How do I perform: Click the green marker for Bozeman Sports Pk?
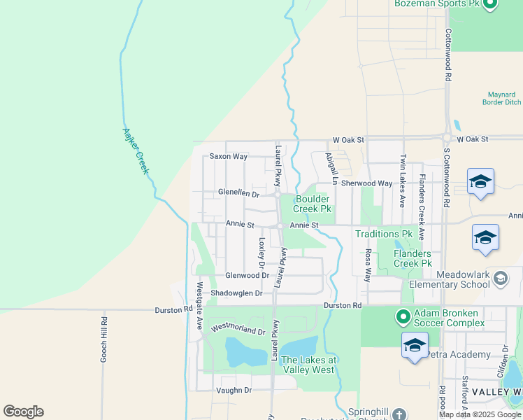tap(489, 4)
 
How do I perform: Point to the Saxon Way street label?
tap(229, 157)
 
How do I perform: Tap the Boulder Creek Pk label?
tap(312, 204)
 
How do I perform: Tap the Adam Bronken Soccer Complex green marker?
tap(403, 318)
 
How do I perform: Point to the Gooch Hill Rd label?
tap(103, 340)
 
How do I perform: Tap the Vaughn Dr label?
tap(234, 390)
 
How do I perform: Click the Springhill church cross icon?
tap(399, 414)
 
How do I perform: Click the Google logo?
tap(24, 412)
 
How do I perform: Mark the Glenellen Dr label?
tap(238, 193)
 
